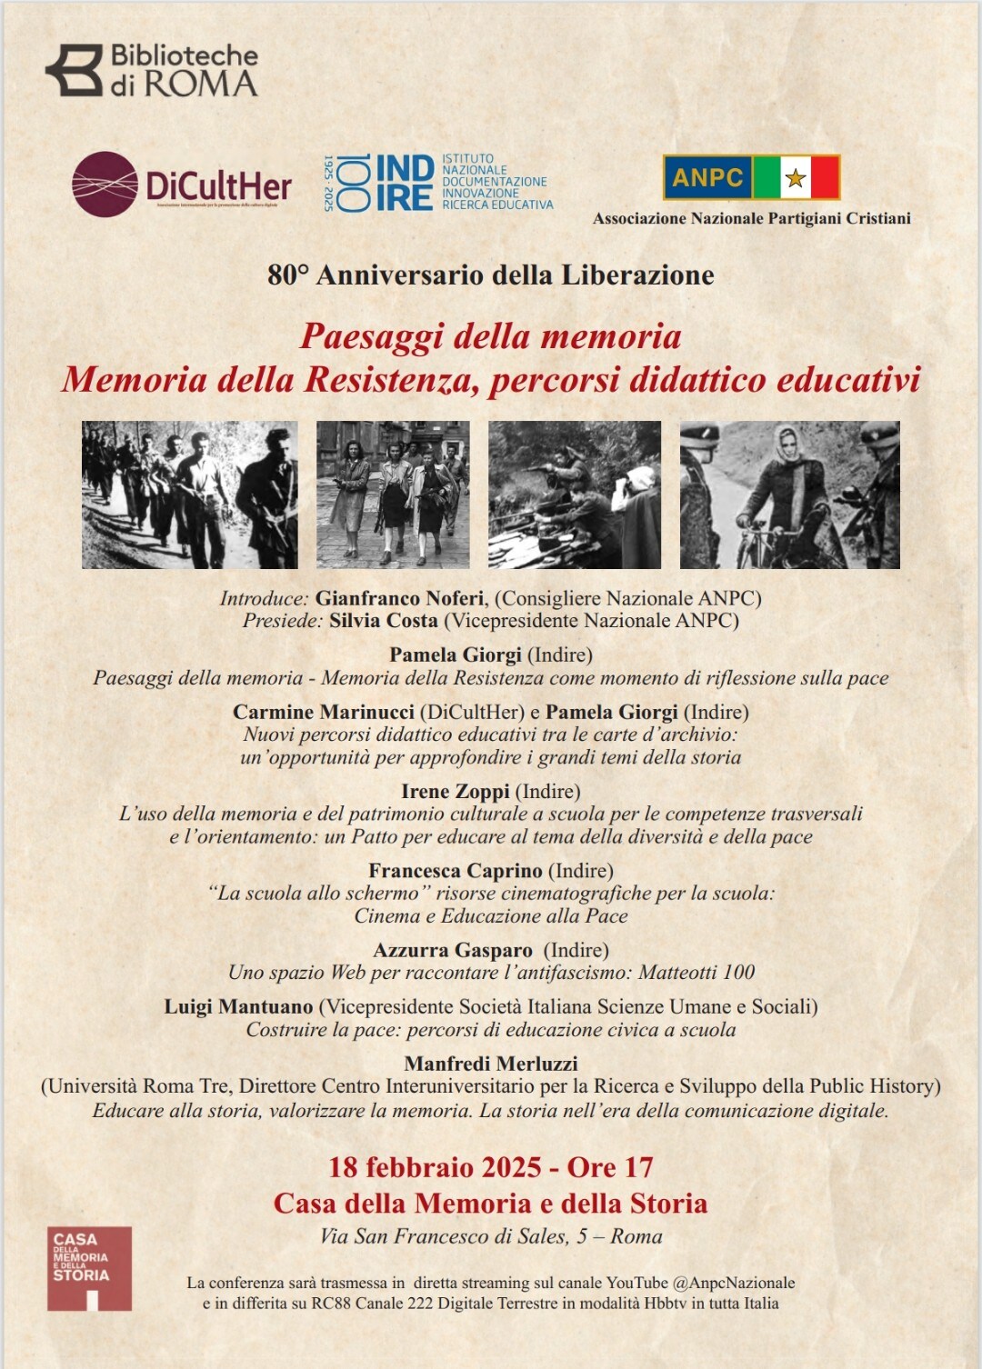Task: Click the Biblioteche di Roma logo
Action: (152, 70)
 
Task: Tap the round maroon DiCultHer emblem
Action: (105, 184)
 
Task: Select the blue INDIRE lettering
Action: (404, 183)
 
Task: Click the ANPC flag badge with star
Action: (751, 177)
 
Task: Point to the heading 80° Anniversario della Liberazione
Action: (491, 275)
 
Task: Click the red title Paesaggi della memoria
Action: (491, 336)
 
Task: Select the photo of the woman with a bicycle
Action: (789, 495)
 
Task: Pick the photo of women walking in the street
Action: (393, 495)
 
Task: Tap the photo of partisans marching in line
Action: (189, 495)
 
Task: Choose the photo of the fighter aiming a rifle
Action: (575, 495)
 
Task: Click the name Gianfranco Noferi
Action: (401, 598)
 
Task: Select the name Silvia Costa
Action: (383, 621)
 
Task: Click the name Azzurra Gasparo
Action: (453, 950)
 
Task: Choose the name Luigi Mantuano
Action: (238, 1006)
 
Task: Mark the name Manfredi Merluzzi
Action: (491, 1064)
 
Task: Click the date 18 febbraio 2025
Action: (435, 1167)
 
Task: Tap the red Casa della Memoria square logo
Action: (89, 1268)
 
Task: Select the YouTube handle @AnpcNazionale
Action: (734, 1283)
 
